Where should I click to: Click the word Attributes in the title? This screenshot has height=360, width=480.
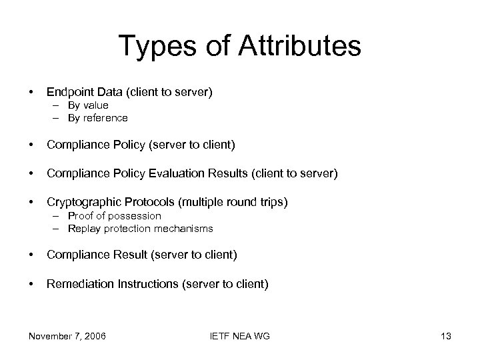click(291, 47)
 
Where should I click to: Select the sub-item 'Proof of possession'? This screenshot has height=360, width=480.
click(114, 216)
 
